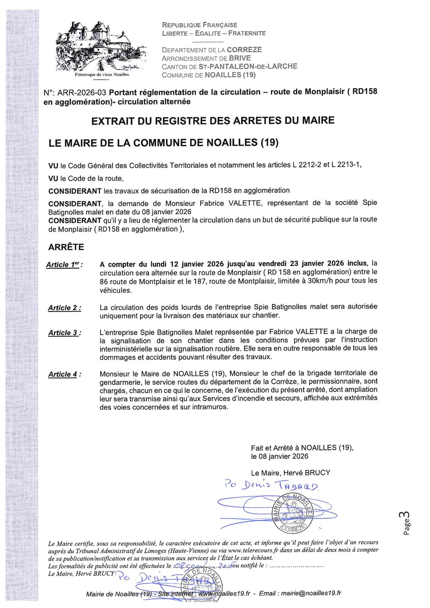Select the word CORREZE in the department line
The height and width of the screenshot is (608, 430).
click(244, 50)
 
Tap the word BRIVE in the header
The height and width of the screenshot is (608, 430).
click(240, 58)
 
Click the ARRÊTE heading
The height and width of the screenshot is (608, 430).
click(66, 247)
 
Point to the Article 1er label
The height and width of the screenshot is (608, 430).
click(64, 265)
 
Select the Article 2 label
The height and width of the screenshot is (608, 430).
click(64, 308)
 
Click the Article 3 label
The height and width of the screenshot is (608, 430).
click(64, 333)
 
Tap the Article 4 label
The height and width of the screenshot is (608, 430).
click(64, 375)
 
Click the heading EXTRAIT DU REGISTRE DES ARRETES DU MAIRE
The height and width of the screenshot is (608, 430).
click(213, 121)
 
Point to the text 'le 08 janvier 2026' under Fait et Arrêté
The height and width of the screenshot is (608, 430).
click(280, 456)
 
